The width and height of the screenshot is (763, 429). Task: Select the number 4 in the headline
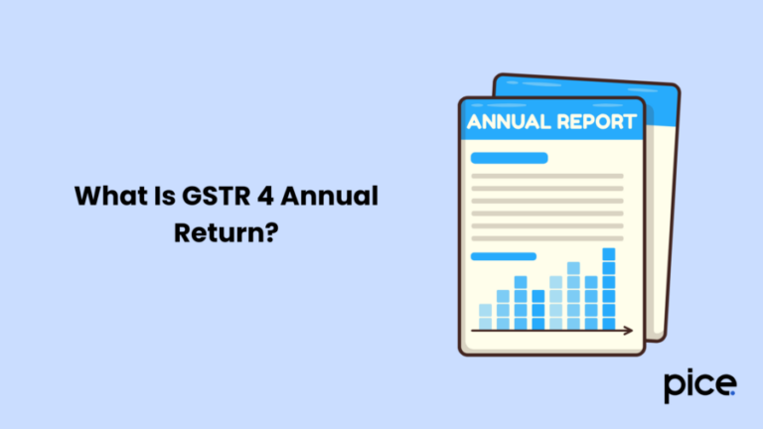(x=266, y=197)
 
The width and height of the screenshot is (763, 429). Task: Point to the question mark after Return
(x=268, y=230)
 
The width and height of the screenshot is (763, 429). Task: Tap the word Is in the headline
(x=159, y=197)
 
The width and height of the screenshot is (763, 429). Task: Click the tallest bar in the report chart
(x=609, y=288)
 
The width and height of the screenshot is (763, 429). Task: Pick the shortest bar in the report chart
(x=485, y=316)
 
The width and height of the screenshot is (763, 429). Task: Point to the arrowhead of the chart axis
(x=627, y=330)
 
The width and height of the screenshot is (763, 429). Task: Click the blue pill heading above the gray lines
(x=509, y=158)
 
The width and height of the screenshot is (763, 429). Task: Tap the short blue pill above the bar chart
(x=503, y=255)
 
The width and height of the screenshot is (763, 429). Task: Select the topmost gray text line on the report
(x=546, y=177)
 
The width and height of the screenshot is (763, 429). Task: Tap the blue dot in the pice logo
(x=733, y=393)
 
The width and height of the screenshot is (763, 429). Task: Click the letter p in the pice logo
(x=675, y=387)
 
